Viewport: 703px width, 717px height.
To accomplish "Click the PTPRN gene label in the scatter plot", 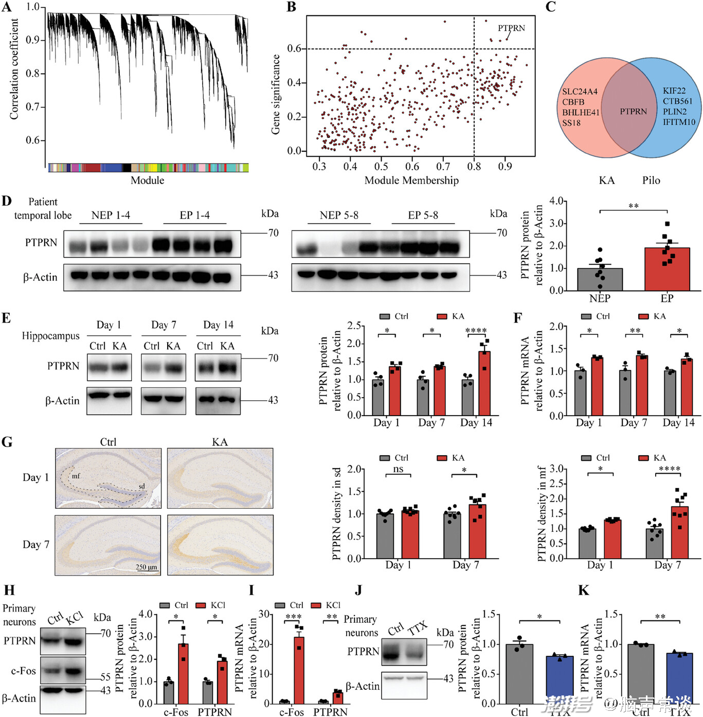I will [511, 28].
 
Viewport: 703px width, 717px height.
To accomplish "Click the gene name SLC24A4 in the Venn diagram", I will [580, 92].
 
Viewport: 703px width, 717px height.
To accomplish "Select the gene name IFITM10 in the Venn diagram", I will [679, 122].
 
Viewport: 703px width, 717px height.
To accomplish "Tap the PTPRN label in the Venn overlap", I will [633, 112].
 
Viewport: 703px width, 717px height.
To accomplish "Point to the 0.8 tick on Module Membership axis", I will [474, 167].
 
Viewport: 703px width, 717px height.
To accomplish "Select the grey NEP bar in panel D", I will [600, 279].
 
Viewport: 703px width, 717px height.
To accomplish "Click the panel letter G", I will [7, 442].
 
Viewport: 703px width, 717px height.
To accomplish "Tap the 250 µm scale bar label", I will [147, 567].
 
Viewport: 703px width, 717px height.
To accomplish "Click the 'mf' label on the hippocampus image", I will [76, 476].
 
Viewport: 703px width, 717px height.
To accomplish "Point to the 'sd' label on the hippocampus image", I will [141, 486].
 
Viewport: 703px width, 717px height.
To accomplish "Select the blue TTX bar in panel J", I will [560, 679].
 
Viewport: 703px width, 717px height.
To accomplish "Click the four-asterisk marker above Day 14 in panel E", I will [476, 331].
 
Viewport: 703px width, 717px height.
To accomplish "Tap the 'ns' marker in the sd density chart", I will [398, 469].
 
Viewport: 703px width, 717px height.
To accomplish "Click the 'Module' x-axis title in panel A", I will [148, 181].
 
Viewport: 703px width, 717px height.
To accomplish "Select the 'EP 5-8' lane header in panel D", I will [423, 216].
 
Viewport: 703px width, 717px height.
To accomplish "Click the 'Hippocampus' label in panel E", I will [50, 336].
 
